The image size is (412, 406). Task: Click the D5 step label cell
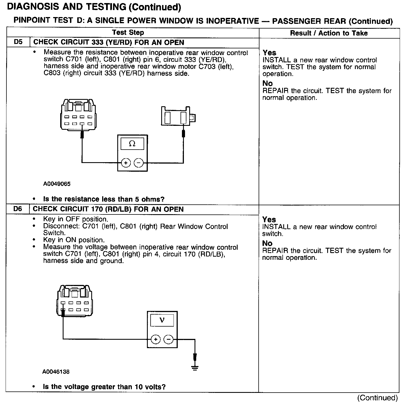click(18, 42)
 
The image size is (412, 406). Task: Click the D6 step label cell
click(18, 209)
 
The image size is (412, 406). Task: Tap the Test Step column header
click(128, 32)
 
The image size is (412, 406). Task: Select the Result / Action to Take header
click(329, 33)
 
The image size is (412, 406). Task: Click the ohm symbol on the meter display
click(132, 144)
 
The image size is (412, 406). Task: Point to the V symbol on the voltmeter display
click(162, 320)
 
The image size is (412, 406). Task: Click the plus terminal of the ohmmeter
click(126, 163)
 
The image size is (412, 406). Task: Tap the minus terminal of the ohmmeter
click(138, 163)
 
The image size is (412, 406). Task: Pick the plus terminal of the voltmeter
click(156, 339)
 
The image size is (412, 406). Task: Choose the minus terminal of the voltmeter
click(168, 339)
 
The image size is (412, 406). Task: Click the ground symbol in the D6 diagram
click(195, 367)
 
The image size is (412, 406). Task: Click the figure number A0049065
click(57, 184)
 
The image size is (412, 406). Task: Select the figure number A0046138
click(56, 372)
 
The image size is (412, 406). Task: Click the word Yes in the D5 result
click(269, 53)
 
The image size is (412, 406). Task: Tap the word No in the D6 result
click(267, 243)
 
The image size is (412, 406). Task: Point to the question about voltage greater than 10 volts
click(104, 387)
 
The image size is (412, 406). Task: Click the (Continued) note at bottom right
click(377, 398)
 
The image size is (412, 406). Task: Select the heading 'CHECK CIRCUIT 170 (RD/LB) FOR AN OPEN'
click(108, 209)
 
